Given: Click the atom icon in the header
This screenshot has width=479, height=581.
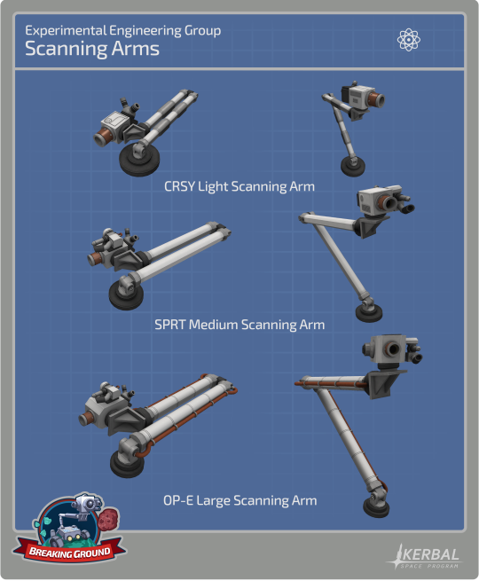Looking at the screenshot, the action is pyautogui.click(x=409, y=40).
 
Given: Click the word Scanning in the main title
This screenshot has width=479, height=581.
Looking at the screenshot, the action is pyautogui.click(x=66, y=50).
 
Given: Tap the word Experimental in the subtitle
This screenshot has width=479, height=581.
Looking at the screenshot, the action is pyautogui.click(x=66, y=31).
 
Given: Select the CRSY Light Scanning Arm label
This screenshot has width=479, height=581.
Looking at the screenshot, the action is pyautogui.click(x=239, y=186).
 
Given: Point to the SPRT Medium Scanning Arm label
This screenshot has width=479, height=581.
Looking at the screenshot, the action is pyautogui.click(x=239, y=325).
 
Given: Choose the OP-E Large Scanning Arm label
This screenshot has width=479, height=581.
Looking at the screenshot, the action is pyautogui.click(x=240, y=500).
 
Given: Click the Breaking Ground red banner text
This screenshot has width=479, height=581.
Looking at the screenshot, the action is pyautogui.click(x=70, y=553).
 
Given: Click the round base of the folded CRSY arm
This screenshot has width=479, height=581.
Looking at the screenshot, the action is pyautogui.click(x=139, y=162).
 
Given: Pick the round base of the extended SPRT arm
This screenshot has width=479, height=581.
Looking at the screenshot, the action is pyautogui.click(x=369, y=312).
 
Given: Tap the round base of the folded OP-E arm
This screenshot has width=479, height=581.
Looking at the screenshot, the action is pyautogui.click(x=127, y=463).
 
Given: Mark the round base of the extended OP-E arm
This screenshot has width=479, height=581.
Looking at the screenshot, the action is pyautogui.click(x=376, y=507).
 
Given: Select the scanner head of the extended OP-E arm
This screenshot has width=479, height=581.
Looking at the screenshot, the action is pyautogui.click(x=393, y=350).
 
